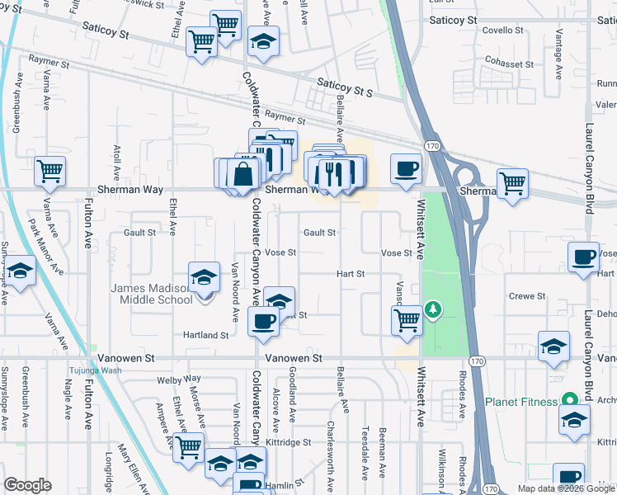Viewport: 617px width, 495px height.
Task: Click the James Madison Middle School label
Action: coord(152,293)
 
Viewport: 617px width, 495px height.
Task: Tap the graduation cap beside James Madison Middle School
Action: coord(204,278)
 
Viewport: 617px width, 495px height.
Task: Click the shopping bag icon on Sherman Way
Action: coord(245,174)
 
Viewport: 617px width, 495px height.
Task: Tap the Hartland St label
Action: coord(206,336)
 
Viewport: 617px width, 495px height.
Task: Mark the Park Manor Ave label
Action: coord(45,246)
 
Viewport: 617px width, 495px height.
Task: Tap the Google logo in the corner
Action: coord(28,485)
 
